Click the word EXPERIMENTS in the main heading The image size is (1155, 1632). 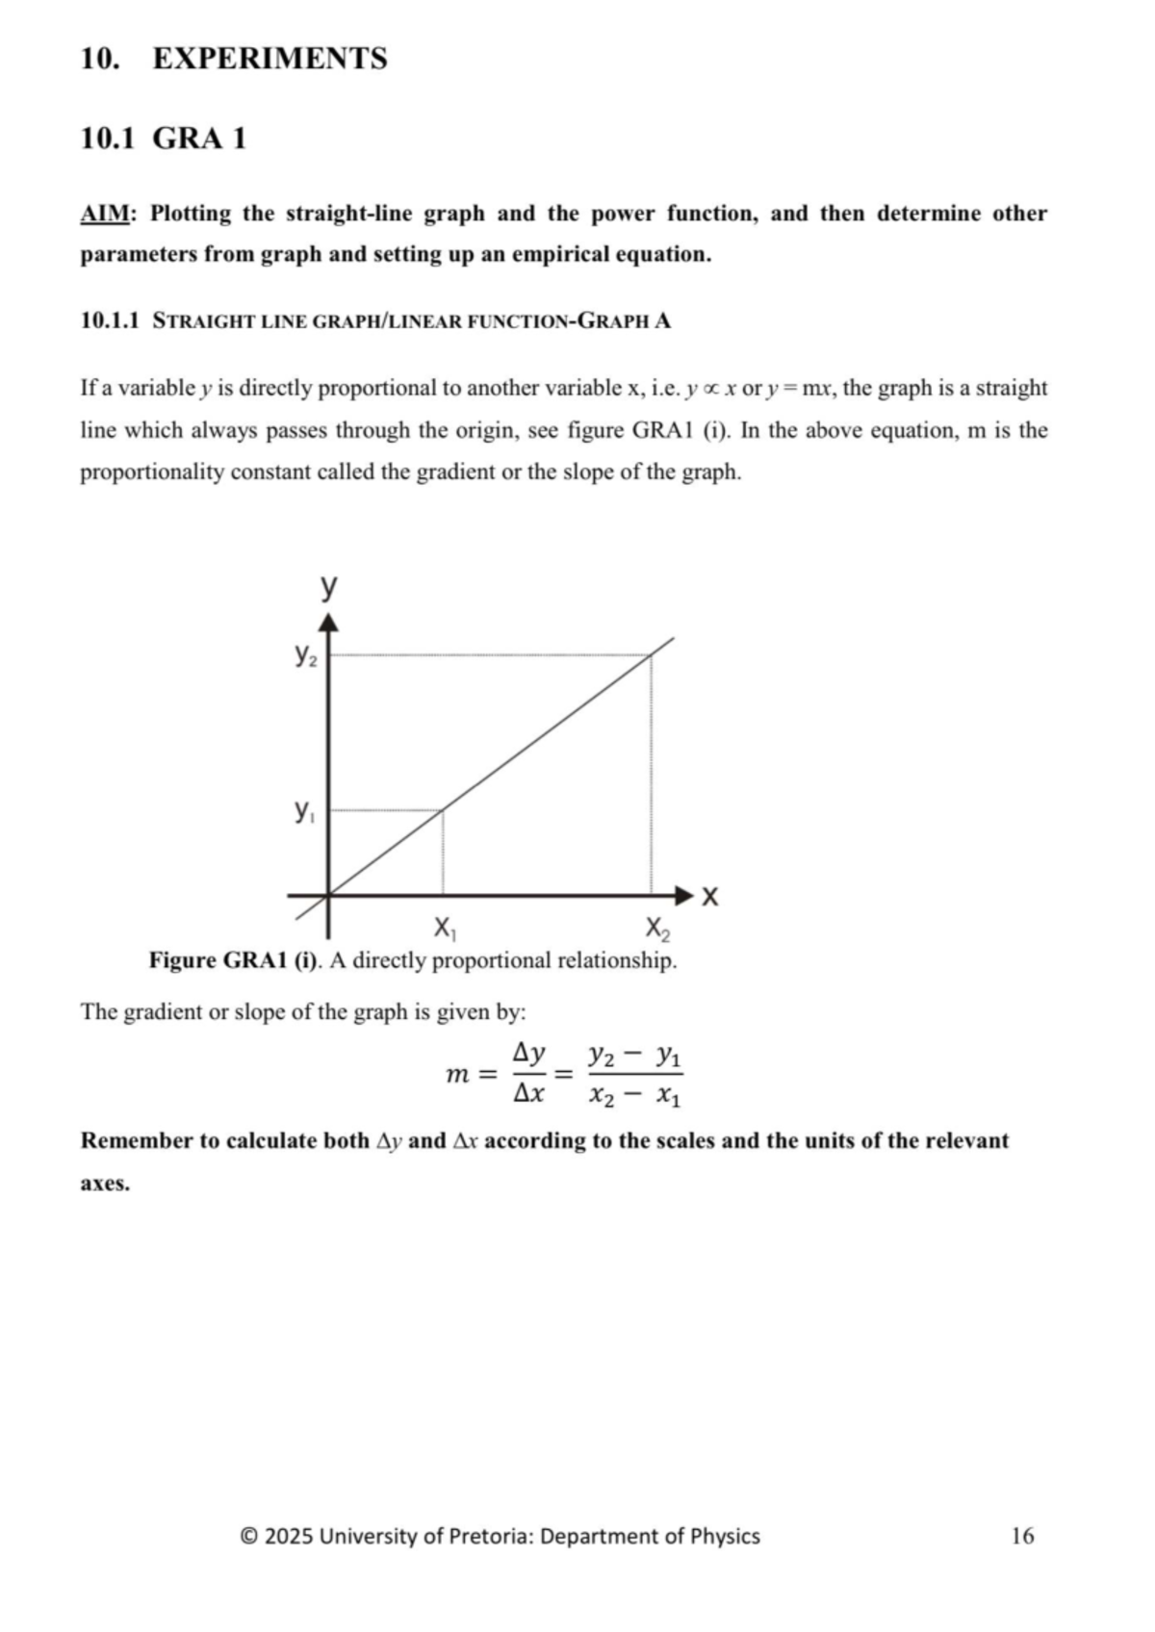click(269, 59)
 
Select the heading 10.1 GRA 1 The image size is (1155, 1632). click(163, 139)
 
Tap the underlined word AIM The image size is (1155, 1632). click(104, 214)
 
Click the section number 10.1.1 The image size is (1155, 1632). click(110, 321)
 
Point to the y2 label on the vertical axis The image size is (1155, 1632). click(304, 656)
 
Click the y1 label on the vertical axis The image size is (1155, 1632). click(303, 811)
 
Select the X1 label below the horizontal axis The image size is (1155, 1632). click(444, 929)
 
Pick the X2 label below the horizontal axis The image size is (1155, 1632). click(657, 929)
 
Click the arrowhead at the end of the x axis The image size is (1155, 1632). click(684, 896)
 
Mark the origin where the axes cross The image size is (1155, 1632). click(329, 896)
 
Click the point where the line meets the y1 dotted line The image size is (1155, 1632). click(443, 810)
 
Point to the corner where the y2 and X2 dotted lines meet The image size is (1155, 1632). click(652, 655)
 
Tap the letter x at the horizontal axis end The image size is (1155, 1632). click(710, 897)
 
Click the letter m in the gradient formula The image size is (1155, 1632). click(457, 1074)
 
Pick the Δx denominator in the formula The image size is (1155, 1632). click(528, 1094)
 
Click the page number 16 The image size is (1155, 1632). click(1022, 1536)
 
